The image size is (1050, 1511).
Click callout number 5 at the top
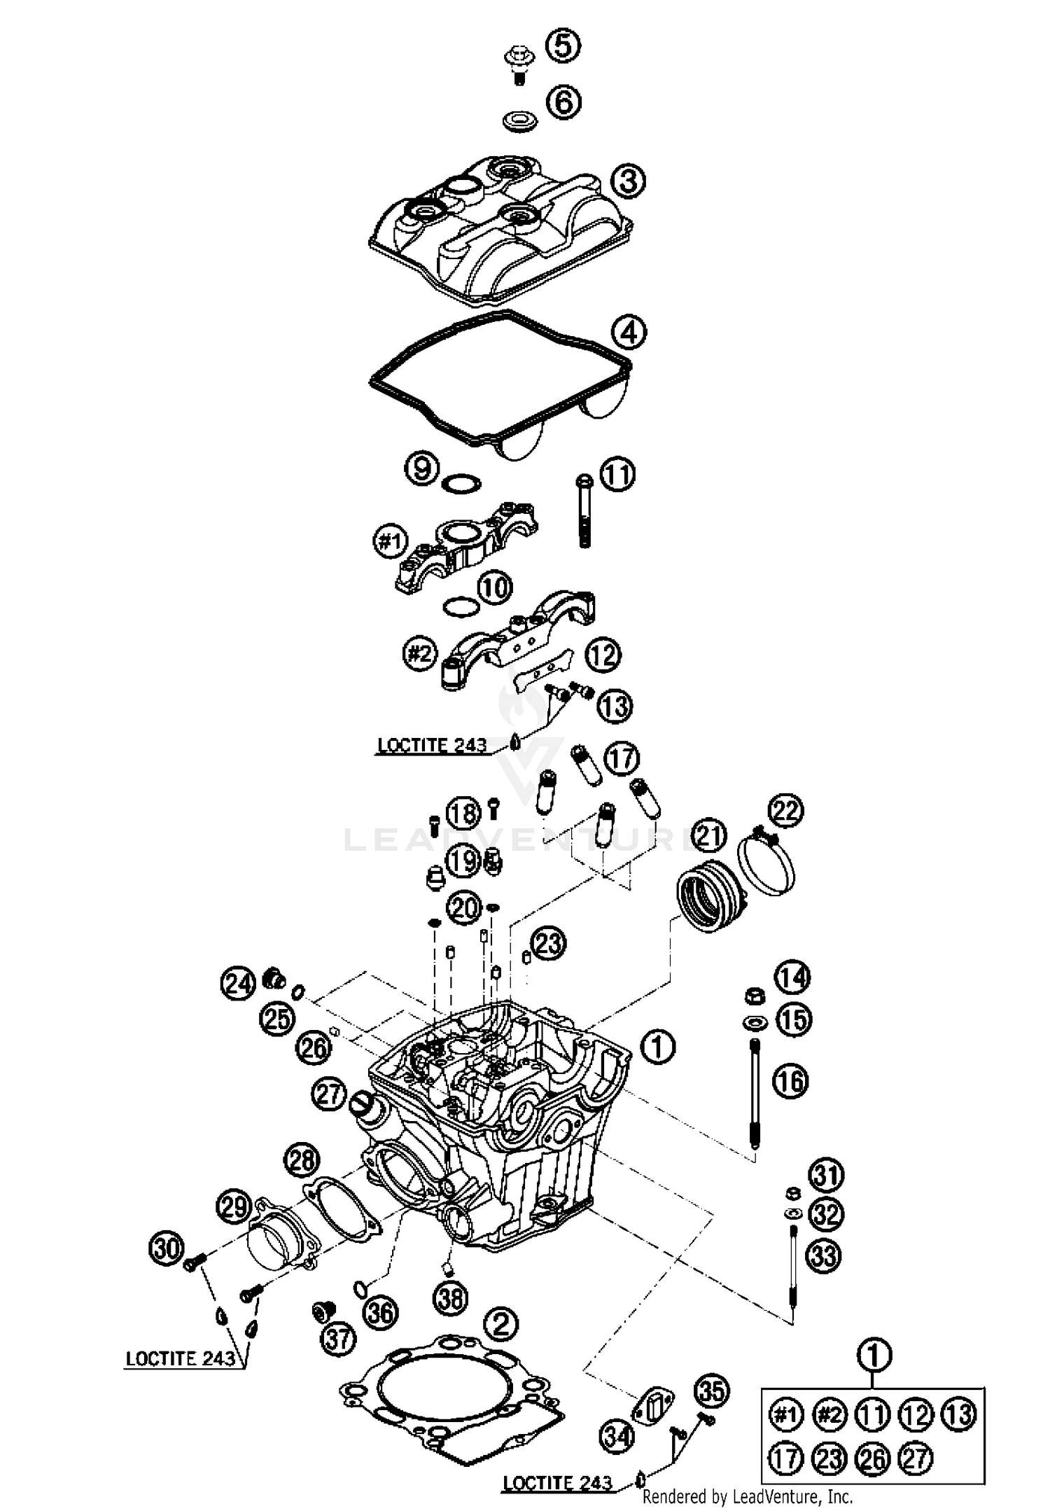pyautogui.click(x=563, y=46)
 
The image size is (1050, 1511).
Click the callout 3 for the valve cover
pyautogui.click(x=628, y=182)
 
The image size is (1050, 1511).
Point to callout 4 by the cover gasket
pyautogui.click(x=629, y=332)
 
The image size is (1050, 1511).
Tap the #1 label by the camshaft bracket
pyautogui.click(x=389, y=541)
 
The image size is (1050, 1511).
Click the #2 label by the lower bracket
pyautogui.click(x=419, y=654)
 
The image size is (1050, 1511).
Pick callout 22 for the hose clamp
pyautogui.click(x=785, y=811)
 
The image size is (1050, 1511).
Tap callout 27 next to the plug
pyautogui.click(x=330, y=1094)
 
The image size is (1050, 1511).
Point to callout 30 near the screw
pyautogui.click(x=167, y=1248)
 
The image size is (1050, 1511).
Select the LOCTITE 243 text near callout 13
pyautogui.click(x=431, y=745)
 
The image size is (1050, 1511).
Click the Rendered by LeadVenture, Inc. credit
pyautogui.click(x=747, y=1497)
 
